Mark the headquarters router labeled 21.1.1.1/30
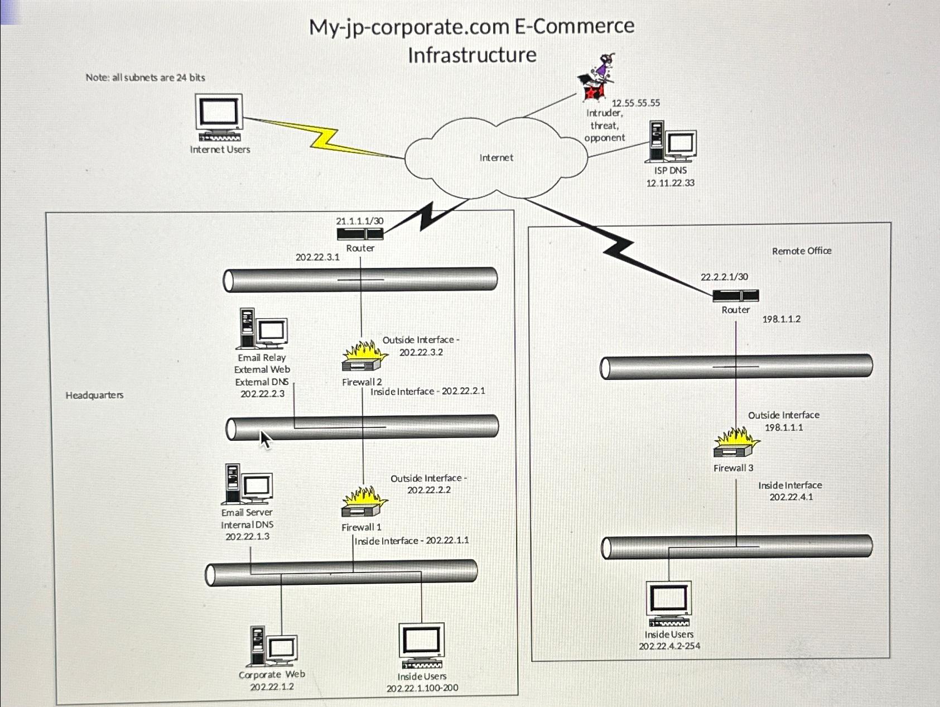tap(360, 234)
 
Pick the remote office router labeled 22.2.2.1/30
tap(735, 296)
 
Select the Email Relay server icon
tap(261, 329)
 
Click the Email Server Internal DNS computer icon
tap(247, 484)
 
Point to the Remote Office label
tap(801, 251)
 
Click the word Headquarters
tap(94, 395)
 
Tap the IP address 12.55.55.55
tap(635, 103)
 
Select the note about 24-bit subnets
tap(145, 78)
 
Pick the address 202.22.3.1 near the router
tap(317, 257)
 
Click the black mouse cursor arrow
tap(265, 440)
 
